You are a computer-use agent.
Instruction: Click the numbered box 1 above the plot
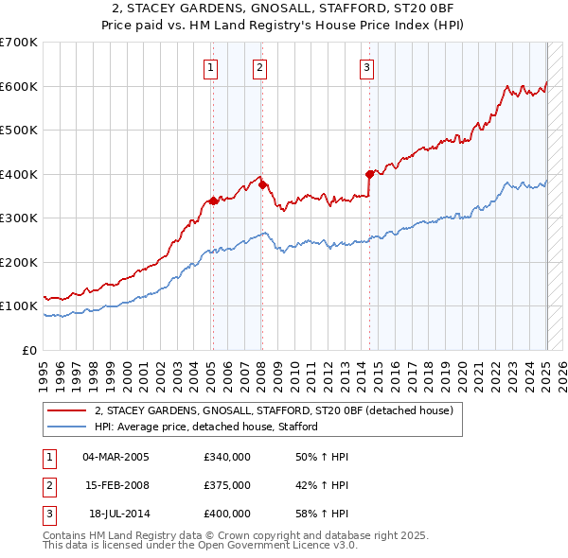tap(209, 67)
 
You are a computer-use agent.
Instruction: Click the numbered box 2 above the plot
tap(258, 67)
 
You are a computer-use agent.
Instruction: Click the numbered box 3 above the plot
tap(366, 67)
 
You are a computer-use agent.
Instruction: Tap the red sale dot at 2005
tap(213, 201)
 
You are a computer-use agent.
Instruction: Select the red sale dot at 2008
tap(262, 185)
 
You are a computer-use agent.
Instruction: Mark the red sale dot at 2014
tap(369, 174)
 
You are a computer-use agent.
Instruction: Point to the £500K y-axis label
tap(19, 131)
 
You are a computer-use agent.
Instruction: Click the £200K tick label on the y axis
tap(19, 262)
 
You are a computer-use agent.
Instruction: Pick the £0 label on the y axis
tap(29, 350)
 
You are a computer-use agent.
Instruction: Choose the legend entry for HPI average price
tap(205, 427)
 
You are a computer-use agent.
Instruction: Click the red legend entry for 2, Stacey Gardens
tap(275, 410)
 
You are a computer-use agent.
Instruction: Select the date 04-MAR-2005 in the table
tap(116, 457)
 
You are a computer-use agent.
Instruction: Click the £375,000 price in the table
tap(227, 485)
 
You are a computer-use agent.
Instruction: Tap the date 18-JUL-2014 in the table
tap(116, 514)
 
